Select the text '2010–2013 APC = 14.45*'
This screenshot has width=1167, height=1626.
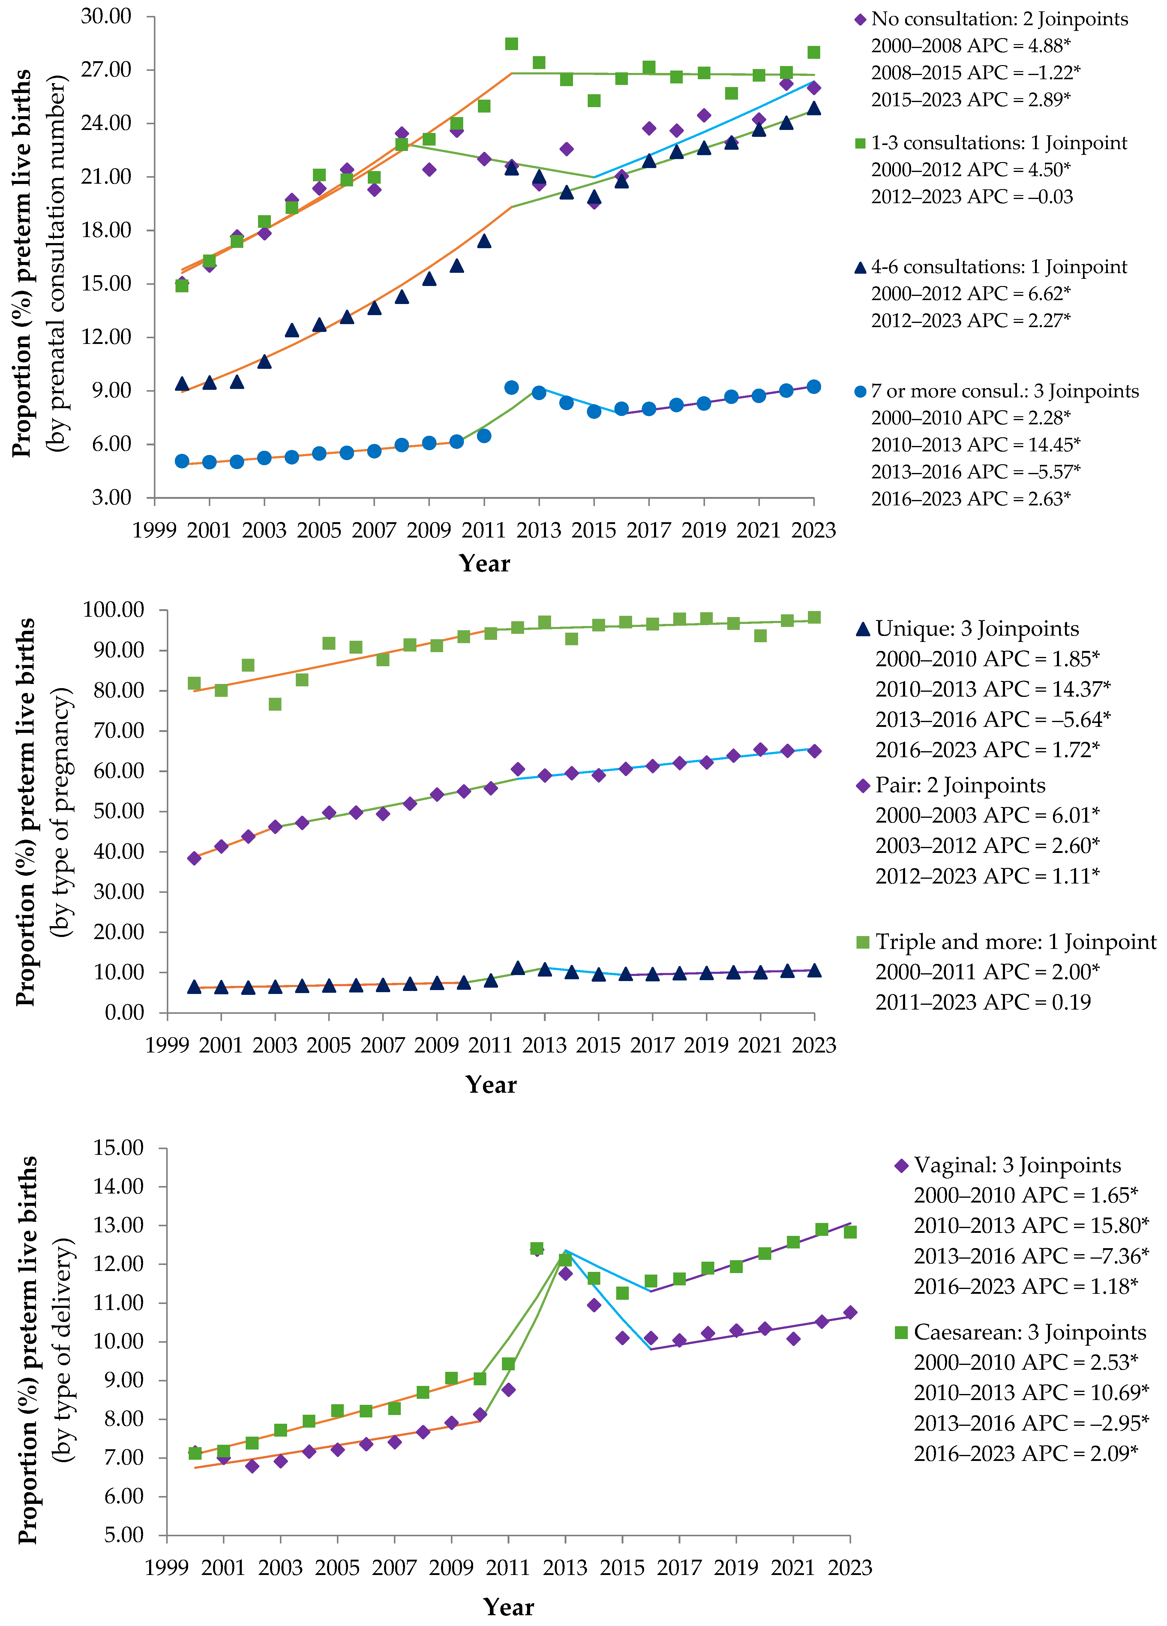pyautogui.click(x=975, y=444)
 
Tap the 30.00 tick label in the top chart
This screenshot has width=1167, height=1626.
pyautogui.click(x=106, y=16)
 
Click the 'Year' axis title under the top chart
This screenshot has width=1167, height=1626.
pyautogui.click(x=484, y=564)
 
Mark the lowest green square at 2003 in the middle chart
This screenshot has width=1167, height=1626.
pyautogui.click(x=275, y=704)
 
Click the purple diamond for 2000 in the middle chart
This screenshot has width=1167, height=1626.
pyautogui.click(x=194, y=858)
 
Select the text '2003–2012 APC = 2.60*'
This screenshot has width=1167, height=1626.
pyautogui.click(x=986, y=845)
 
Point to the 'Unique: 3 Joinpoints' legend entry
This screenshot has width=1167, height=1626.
pyautogui.click(x=976, y=629)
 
